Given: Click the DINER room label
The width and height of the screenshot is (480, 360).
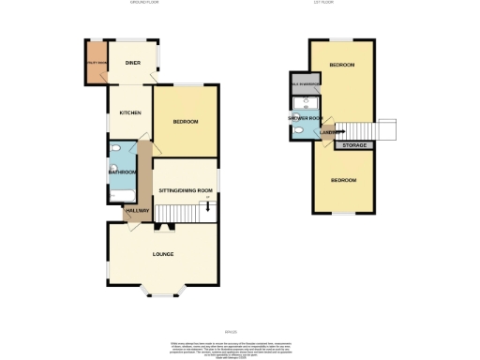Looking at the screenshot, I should (133, 63).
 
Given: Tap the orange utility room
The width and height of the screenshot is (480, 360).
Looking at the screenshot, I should (97, 62).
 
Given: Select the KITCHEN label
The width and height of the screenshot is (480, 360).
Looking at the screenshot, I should (129, 112).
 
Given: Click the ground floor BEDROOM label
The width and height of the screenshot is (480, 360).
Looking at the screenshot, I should (185, 122).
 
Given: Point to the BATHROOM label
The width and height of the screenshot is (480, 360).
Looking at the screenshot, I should (123, 172).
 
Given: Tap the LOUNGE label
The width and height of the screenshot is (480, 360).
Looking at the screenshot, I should (165, 253).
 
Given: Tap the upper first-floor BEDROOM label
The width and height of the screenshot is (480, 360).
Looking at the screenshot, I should (341, 65).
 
